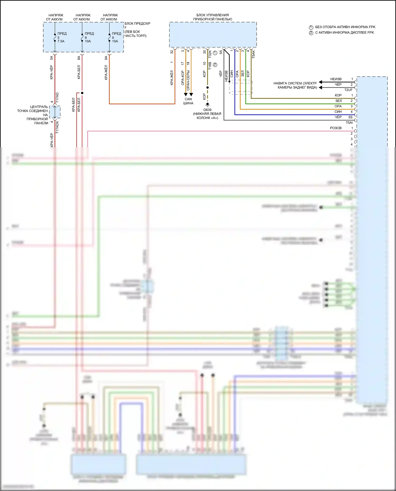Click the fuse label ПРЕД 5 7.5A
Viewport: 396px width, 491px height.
[x=62, y=37]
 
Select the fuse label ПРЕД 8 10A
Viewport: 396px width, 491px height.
[x=89, y=37]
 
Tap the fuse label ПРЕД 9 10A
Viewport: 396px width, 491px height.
[x=116, y=37]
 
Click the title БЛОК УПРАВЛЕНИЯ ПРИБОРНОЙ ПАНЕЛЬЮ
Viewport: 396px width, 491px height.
[x=213, y=17]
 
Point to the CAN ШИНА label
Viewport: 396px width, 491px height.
[x=188, y=101]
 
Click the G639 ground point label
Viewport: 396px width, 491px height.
[x=207, y=110]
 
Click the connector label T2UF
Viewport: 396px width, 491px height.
[x=348, y=90]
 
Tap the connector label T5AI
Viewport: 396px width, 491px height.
[x=349, y=123]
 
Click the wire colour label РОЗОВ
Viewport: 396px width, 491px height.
[x=336, y=128]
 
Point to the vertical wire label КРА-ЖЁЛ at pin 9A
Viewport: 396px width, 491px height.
[x=106, y=72]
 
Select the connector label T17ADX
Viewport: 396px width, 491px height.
[x=57, y=127]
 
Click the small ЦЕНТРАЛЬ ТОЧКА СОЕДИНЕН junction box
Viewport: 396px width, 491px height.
[x=55, y=112]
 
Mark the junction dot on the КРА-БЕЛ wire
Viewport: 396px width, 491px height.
[x=82, y=93]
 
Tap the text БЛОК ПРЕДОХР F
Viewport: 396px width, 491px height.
[x=137, y=25]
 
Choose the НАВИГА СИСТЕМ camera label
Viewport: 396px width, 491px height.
[x=295, y=85]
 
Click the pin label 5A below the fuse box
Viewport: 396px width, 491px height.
[x=51, y=58]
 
